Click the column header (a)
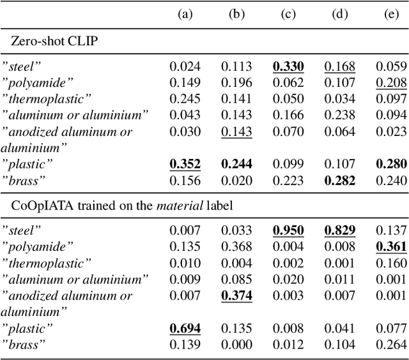point(185,15)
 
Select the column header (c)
point(289,15)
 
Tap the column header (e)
point(392,15)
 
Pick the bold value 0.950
point(289,229)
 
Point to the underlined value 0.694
point(185,328)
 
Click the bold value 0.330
point(289,65)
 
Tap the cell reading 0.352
point(185,164)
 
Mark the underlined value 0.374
point(236,295)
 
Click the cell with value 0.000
point(236,345)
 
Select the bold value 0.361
point(392,246)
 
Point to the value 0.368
point(236,246)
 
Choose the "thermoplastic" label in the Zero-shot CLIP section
point(46,98)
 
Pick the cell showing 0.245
point(185,98)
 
